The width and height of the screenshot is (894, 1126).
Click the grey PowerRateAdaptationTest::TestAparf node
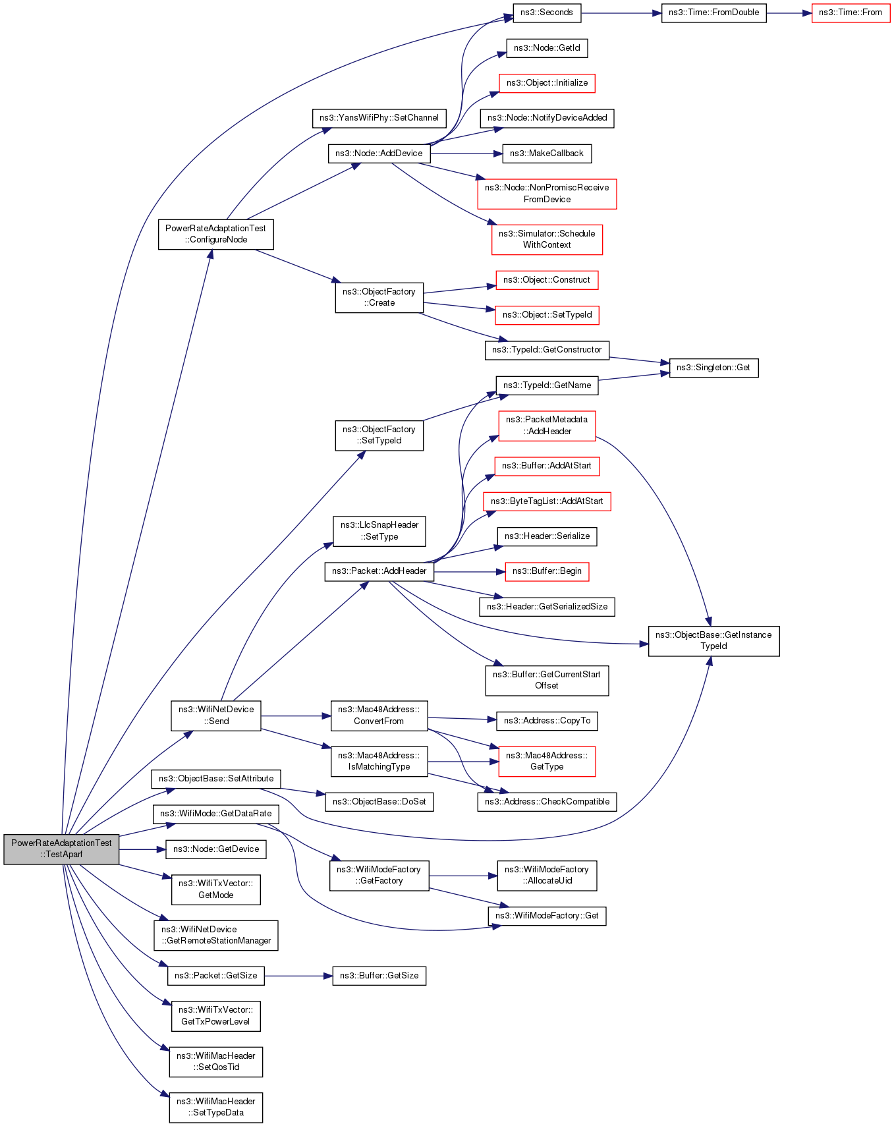(x=61, y=849)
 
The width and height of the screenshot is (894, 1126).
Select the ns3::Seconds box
(x=546, y=13)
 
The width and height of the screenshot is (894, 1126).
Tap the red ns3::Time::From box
(x=850, y=13)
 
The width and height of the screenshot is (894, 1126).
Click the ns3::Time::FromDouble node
(x=713, y=13)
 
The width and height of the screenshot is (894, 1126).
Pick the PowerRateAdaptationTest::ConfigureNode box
(x=215, y=234)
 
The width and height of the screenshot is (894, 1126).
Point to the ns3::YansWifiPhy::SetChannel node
(x=379, y=118)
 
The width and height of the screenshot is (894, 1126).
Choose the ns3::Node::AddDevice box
(x=379, y=154)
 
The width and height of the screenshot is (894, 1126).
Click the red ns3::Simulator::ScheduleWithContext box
(x=547, y=239)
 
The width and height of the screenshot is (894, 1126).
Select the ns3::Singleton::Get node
(x=713, y=368)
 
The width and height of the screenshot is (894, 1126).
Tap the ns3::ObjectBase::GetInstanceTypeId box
(x=713, y=640)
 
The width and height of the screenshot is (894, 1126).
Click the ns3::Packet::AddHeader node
(x=379, y=571)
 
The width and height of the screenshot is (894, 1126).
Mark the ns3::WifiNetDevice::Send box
(x=215, y=716)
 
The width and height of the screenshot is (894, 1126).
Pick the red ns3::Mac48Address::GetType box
(x=547, y=761)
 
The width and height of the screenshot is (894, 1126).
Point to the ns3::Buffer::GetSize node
(x=379, y=976)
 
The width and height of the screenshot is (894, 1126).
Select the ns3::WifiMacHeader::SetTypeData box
(x=215, y=1107)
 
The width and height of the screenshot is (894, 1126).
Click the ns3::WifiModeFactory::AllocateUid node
(x=547, y=875)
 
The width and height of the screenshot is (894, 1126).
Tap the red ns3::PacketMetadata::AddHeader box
(x=547, y=426)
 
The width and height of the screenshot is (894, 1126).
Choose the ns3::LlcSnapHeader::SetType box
(x=379, y=531)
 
